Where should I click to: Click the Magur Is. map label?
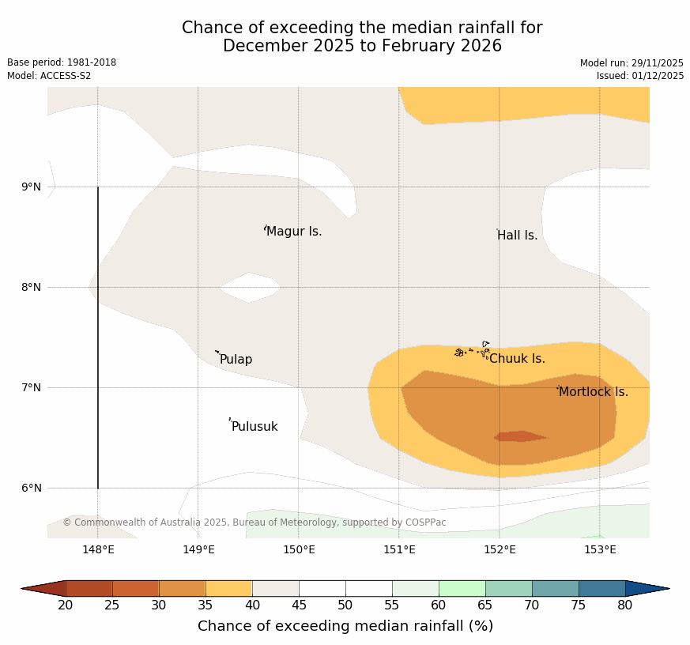[x=294, y=232]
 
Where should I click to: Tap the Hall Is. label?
[x=517, y=236]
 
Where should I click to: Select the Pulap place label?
[x=236, y=360]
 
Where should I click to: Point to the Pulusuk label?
[x=255, y=427]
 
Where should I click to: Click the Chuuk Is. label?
[x=517, y=359]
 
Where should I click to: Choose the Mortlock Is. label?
[x=594, y=392]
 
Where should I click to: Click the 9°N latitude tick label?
[x=32, y=187]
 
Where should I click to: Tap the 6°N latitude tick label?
[x=32, y=488]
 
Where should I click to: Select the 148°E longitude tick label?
[x=98, y=549]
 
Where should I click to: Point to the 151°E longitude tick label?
[x=399, y=549]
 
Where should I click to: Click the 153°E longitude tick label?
[x=600, y=549]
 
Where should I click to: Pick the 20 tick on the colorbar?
[x=66, y=605]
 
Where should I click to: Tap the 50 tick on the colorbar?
[x=345, y=605]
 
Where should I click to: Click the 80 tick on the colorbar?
[x=625, y=605]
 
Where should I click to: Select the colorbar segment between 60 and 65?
[x=462, y=588]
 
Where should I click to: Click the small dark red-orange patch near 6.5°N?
[x=519, y=436]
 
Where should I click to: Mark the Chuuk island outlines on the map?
[x=472, y=350]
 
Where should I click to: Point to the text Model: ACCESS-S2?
[x=49, y=76]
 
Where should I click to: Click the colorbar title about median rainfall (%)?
[x=345, y=626]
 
